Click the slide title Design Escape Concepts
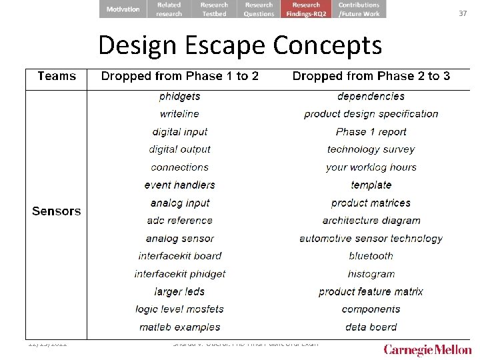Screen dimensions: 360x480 [x=240, y=45]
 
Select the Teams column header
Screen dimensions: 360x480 [x=57, y=76]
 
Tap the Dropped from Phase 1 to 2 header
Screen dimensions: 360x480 [x=179, y=76]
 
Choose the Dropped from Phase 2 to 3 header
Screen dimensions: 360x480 [x=371, y=76]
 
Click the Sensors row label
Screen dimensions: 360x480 [x=56, y=211]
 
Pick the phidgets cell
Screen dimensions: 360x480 [x=179, y=96]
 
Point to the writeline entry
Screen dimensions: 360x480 [x=179, y=114]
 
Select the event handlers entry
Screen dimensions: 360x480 [x=179, y=185]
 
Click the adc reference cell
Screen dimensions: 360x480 [x=179, y=221]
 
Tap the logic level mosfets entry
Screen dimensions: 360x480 [x=179, y=309]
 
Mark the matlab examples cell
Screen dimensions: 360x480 [x=179, y=327]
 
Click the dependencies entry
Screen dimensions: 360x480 [x=371, y=96]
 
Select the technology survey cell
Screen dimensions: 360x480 [x=371, y=149]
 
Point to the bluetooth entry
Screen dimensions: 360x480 [x=371, y=256]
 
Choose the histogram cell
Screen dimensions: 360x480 [x=371, y=274]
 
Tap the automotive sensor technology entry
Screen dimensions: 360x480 [x=371, y=239]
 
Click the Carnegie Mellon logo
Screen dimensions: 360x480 [x=427, y=350]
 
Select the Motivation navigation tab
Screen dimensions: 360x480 [x=123, y=9]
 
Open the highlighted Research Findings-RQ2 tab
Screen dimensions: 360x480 [x=306, y=9]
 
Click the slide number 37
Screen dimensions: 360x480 [x=463, y=13]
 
